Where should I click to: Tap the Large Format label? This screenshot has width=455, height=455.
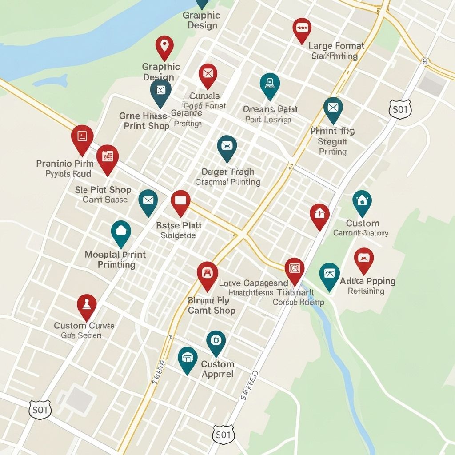click(x=336, y=46)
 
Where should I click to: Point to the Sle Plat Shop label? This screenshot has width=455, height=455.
click(x=103, y=190)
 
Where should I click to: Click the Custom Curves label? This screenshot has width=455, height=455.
click(x=84, y=326)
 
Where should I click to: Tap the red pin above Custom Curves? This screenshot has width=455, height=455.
click(x=87, y=305)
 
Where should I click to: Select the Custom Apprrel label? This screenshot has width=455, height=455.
click(x=217, y=369)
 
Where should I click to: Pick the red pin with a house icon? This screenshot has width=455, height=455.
click(x=319, y=215)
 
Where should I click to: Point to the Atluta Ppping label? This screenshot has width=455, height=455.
click(x=367, y=281)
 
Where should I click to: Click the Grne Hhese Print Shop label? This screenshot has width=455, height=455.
click(x=144, y=121)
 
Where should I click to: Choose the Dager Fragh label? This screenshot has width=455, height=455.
click(x=227, y=172)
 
